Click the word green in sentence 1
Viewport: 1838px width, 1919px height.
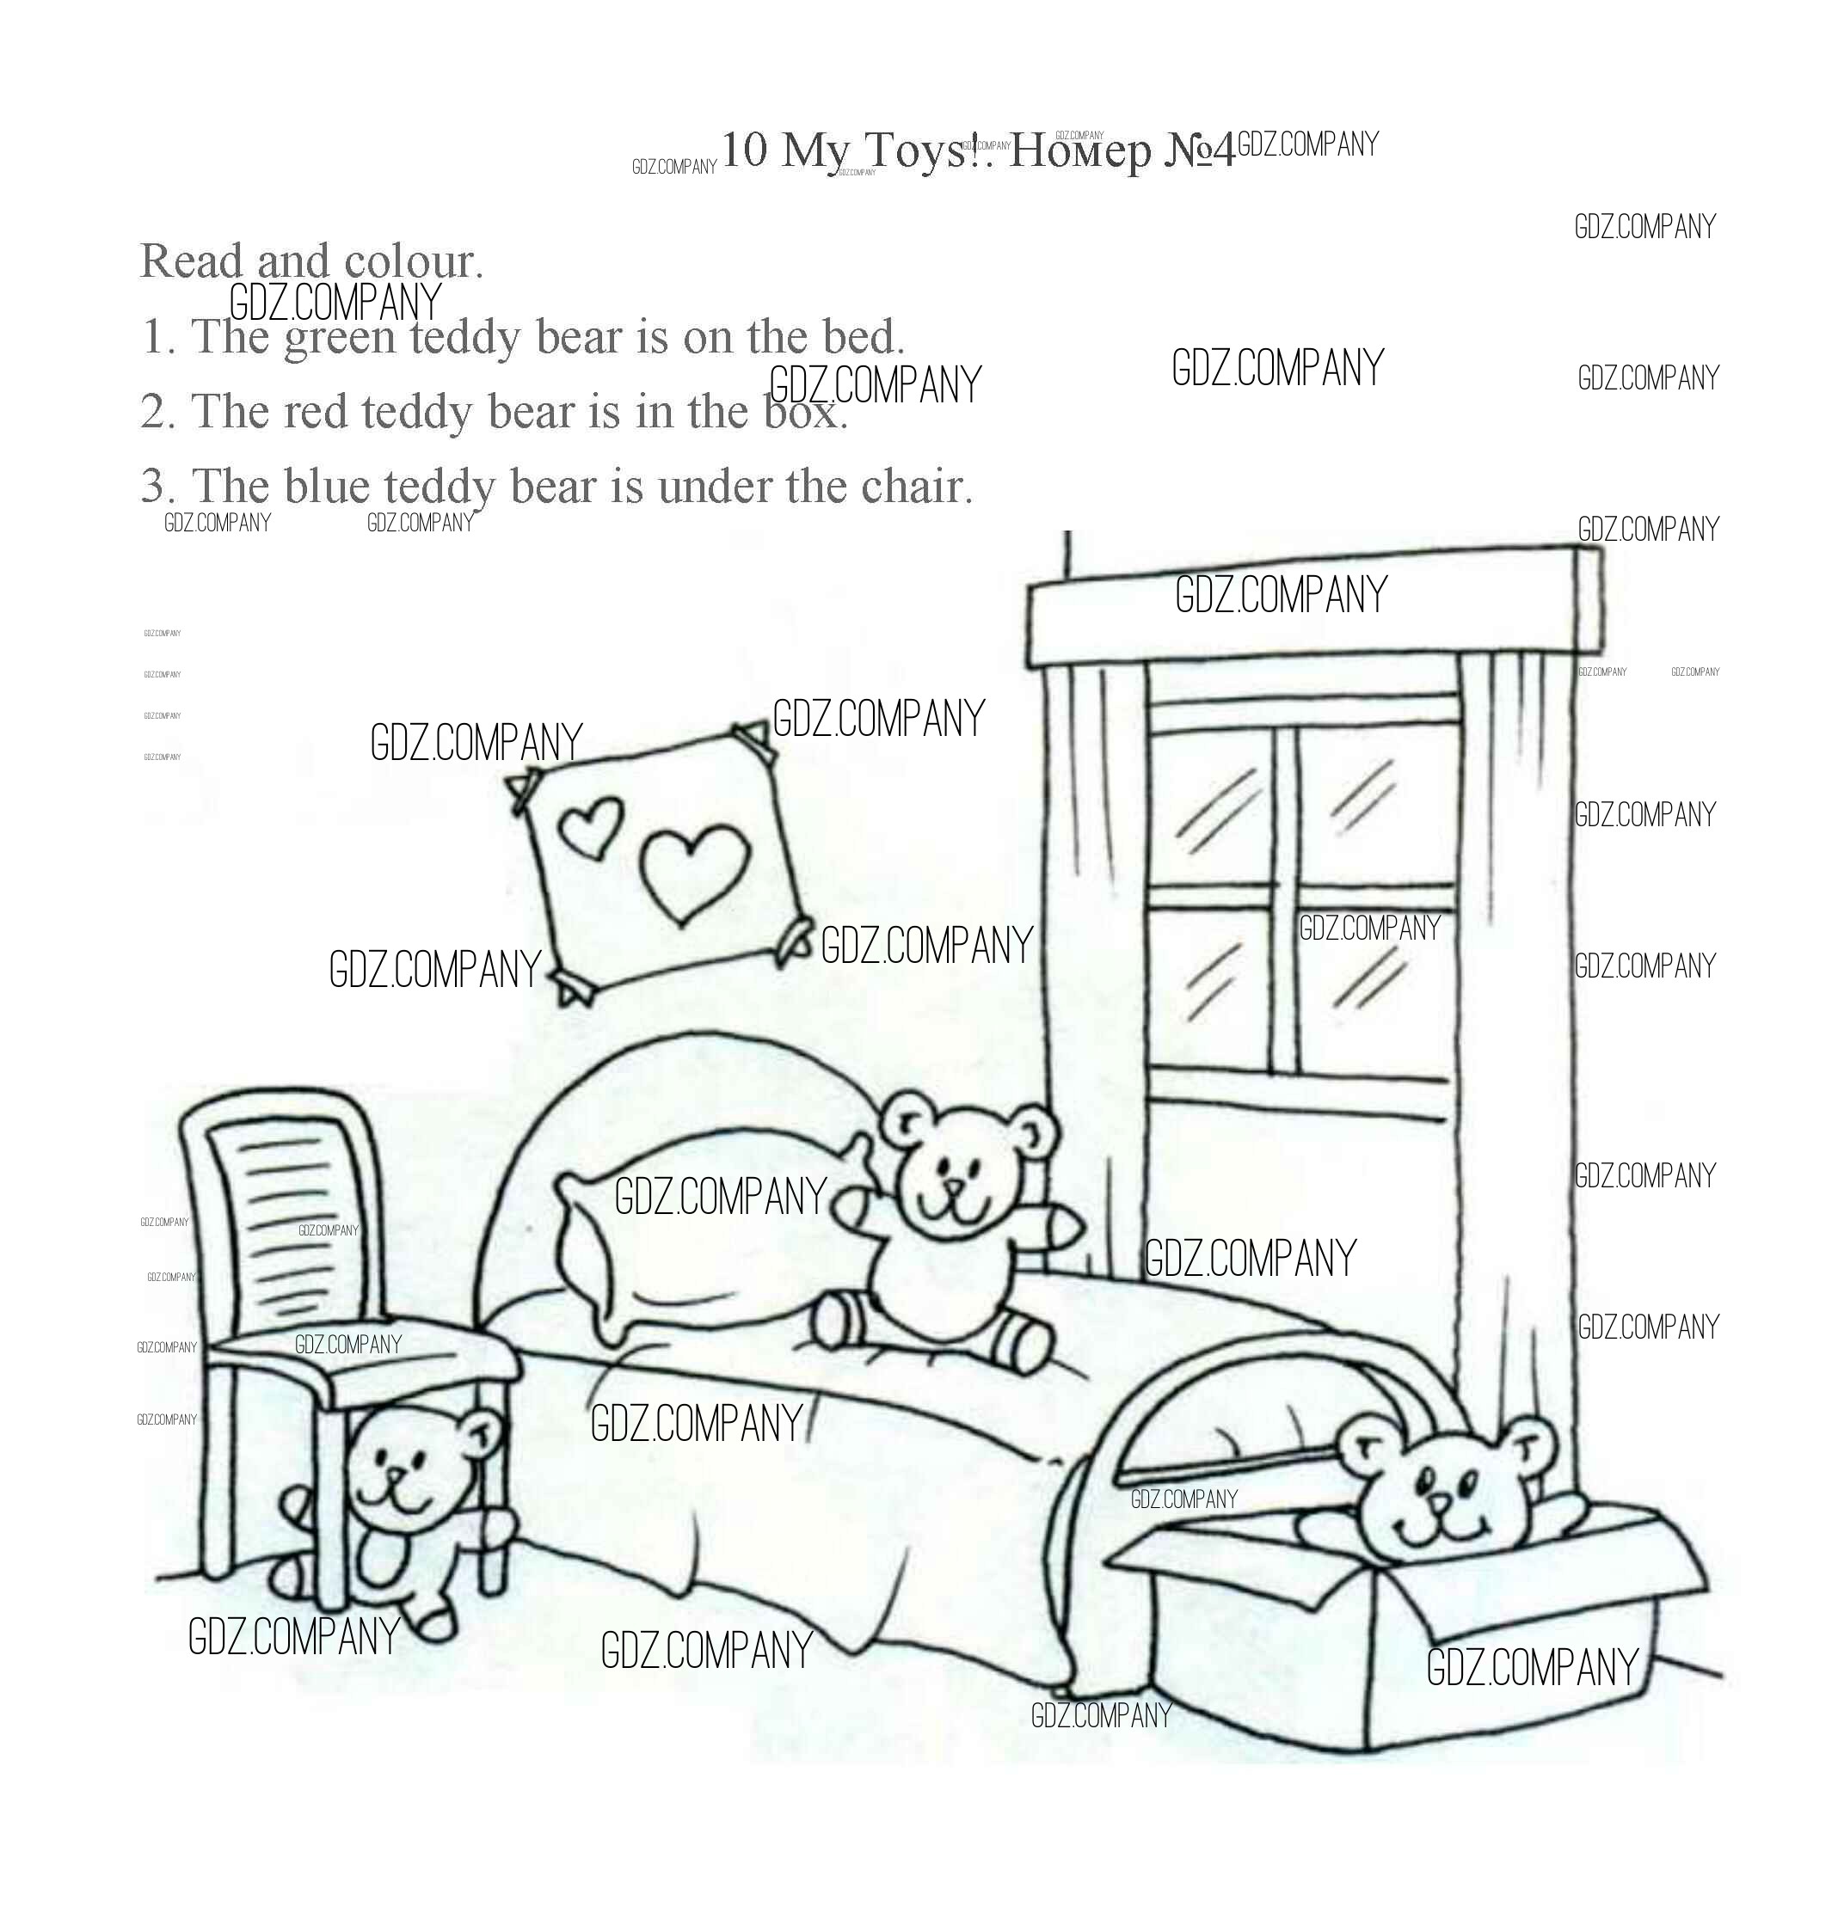[x=339, y=338]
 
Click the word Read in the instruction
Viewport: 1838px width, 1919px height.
[x=190, y=261]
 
